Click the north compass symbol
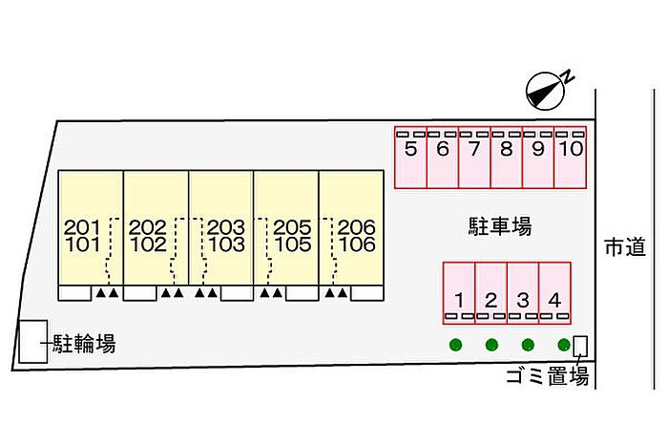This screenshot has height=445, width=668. [546, 89]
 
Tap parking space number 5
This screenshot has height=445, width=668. [411, 158]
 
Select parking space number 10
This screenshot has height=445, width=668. [571, 158]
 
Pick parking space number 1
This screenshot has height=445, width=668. [459, 292]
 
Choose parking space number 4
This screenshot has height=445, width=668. [554, 292]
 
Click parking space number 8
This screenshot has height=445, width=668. [507, 158]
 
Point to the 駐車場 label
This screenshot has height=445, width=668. [499, 226]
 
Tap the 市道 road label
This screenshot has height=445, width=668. [625, 246]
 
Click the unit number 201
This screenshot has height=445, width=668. [82, 227]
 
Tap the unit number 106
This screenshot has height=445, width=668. [356, 244]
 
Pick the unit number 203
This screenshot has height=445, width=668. [226, 227]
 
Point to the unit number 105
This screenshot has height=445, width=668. [292, 244]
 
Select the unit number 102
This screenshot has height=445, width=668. [147, 244]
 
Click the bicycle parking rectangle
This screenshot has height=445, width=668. [33, 341]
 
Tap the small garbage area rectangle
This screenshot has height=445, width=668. [579, 345]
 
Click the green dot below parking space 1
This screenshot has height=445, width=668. [456, 345]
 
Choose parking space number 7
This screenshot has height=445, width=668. [474, 158]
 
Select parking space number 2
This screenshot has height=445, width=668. [491, 292]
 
